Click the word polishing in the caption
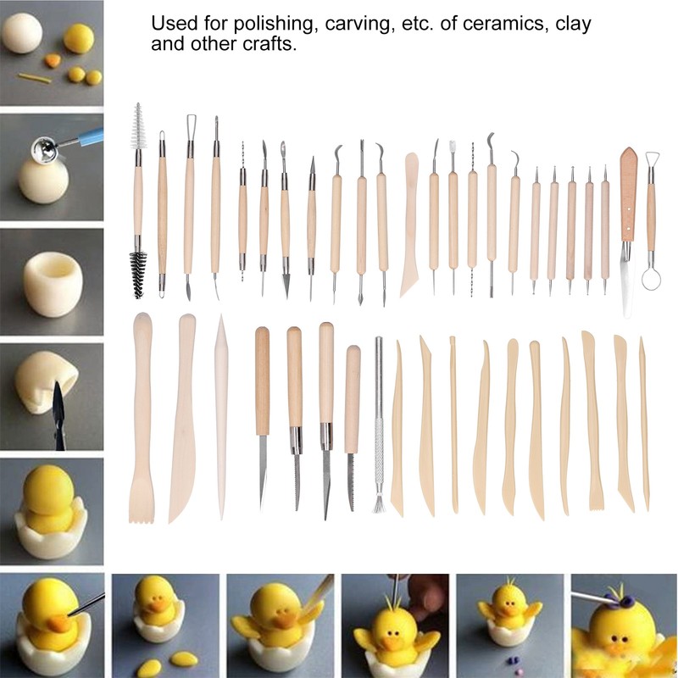pyautogui.click(x=273, y=24)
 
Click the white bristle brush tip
pyautogui.click(x=138, y=125)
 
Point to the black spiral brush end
pyautogui.click(x=138, y=275)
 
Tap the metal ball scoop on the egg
pyautogui.click(x=45, y=150)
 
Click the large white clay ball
pyautogui.click(x=22, y=33)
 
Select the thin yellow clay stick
pyautogui.click(x=35, y=78)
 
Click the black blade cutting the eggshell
pyautogui.click(x=58, y=415)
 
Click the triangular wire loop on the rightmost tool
pyautogui.click(x=652, y=160)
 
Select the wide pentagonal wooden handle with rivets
pyautogui.click(x=629, y=194)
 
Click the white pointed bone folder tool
pyautogui.click(x=221, y=416)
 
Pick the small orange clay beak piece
pyautogui.click(x=53, y=59)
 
